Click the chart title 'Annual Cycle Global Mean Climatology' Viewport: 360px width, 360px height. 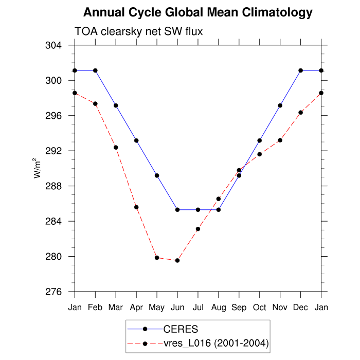tap(198, 12)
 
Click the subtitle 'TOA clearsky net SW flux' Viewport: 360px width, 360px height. tap(139, 31)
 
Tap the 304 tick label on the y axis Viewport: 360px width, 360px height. tap(58, 45)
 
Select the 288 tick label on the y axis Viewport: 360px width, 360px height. tap(58, 186)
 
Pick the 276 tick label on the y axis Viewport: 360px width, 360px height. tap(58, 292)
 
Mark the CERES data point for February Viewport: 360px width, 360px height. tap(95, 70)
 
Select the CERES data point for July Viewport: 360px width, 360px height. tap(198, 210)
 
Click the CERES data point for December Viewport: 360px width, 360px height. tap(301, 70)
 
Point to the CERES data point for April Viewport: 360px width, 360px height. tap(136, 140)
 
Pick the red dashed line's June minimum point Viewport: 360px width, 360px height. tap(177, 260)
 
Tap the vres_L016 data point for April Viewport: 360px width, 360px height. tap(136, 207)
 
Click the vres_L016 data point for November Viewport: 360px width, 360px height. tap(280, 140)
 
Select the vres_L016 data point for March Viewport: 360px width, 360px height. tap(116, 147)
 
